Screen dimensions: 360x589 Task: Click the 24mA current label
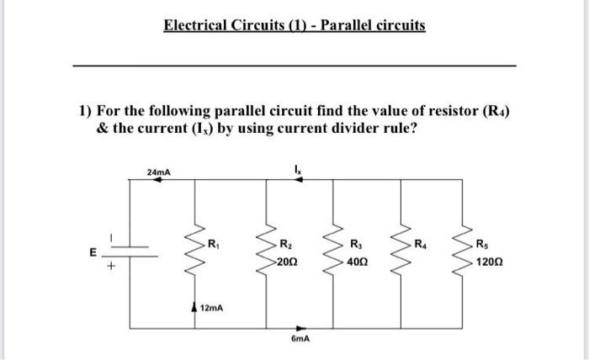click(x=157, y=172)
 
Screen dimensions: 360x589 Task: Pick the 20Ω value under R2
click(x=289, y=262)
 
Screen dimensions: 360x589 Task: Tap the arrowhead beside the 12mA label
click(x=197, y=308)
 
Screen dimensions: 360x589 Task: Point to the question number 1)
click(x=85, y=110)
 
